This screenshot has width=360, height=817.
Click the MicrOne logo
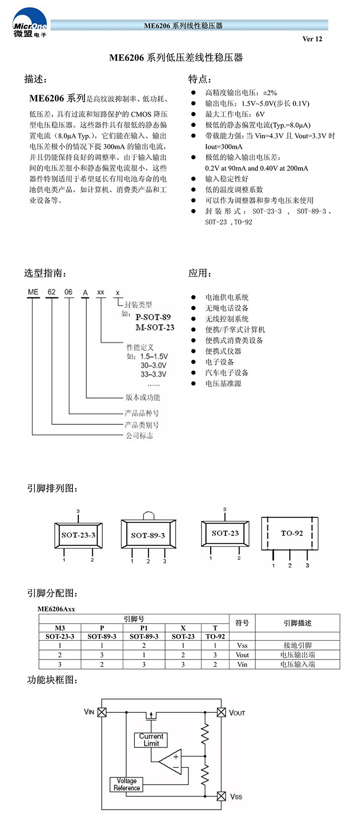point(30,23)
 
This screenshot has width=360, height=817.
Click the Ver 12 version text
point(312,39)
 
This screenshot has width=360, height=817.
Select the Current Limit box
point(151,740)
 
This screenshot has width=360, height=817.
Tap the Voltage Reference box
point(127,784)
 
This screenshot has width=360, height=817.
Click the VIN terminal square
point(102,712)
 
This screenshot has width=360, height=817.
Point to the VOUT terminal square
point(221,712)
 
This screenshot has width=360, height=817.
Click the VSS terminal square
point(221,796)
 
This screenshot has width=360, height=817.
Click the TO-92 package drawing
point(290,534)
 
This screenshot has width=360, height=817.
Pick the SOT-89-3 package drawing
point(148,534)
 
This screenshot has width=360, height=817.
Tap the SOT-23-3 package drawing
point(78,535)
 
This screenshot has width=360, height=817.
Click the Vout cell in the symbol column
point(242,655)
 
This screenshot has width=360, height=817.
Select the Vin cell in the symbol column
point(242,664)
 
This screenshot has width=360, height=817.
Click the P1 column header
point(144,628)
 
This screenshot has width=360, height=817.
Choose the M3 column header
point(60,628)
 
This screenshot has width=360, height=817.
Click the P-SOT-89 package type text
point(153,317)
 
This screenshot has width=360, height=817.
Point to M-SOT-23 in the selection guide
point(155,327)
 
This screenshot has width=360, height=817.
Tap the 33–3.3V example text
point(153,374)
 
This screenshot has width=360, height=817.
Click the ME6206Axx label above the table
point(56,609)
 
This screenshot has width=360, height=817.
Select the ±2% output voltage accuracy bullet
point(241,93)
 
